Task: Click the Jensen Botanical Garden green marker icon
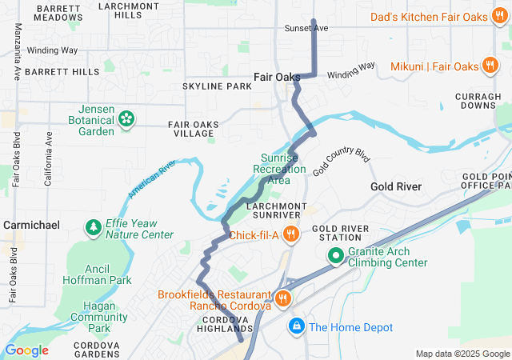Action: (x=126, y=119)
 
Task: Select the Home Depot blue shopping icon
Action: (x=296, y=326)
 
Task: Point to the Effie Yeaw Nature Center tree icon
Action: (x=94, y=228)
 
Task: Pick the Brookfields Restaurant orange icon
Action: (x=282, y=298)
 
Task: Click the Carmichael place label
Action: (x=32, y=226)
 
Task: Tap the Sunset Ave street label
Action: (x=306, y=28)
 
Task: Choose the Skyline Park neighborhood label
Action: (x=217, y=86)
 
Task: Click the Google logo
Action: (x=26, y=350)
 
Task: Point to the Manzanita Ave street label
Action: (x=17, y=52)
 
